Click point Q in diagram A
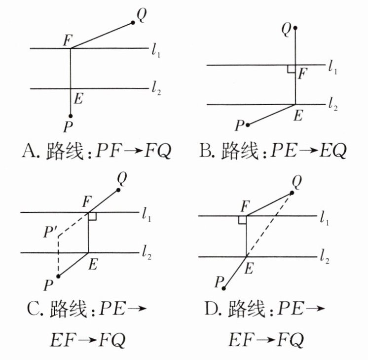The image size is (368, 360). click(133, 22)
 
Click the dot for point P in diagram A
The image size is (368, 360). click(71, 116)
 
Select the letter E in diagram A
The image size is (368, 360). click(77, 99)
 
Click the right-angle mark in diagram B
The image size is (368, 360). click(291, 69)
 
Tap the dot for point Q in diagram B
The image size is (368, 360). click(295, 29)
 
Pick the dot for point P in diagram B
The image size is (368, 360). click(248, 125)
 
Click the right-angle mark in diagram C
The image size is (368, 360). click(92, 216)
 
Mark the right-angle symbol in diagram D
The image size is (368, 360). click(242, 219)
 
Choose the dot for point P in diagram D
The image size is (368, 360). click(224, 288)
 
